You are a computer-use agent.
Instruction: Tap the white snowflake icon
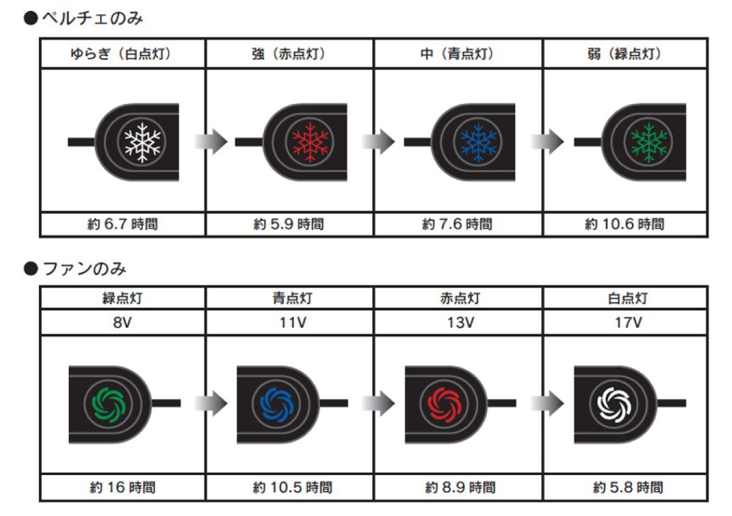(142, 142)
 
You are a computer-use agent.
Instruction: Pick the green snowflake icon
(647, 142)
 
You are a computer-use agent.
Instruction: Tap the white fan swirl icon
(612, 402)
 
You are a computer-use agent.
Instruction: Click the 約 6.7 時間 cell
(123, 224)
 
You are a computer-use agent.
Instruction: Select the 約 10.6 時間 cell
(625, 224)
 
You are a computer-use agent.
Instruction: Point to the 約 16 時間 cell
(123, 487)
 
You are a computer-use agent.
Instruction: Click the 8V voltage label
(123, 322)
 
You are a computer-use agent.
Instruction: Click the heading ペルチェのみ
(91, 19)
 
